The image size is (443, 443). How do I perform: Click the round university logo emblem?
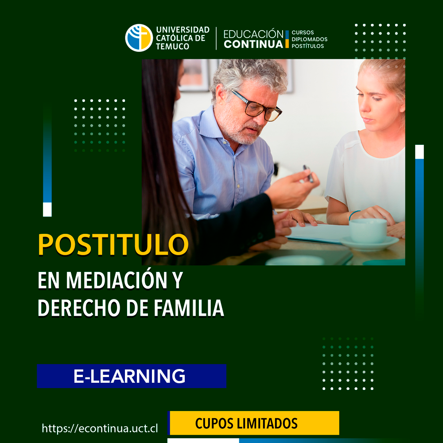139,38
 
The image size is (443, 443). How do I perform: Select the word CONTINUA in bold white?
253,44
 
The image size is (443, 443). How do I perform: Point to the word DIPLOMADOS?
310,39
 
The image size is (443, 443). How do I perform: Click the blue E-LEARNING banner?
132,376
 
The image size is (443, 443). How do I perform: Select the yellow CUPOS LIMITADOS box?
254,423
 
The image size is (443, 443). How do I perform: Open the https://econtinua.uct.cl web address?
100,428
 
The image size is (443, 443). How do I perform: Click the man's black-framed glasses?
257,106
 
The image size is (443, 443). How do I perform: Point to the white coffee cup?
368,230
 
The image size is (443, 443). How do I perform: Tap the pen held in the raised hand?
308,173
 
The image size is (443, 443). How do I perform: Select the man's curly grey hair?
248,75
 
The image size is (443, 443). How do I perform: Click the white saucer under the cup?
369,243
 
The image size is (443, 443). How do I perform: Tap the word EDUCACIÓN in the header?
253,34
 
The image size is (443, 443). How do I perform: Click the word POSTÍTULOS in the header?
307,46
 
